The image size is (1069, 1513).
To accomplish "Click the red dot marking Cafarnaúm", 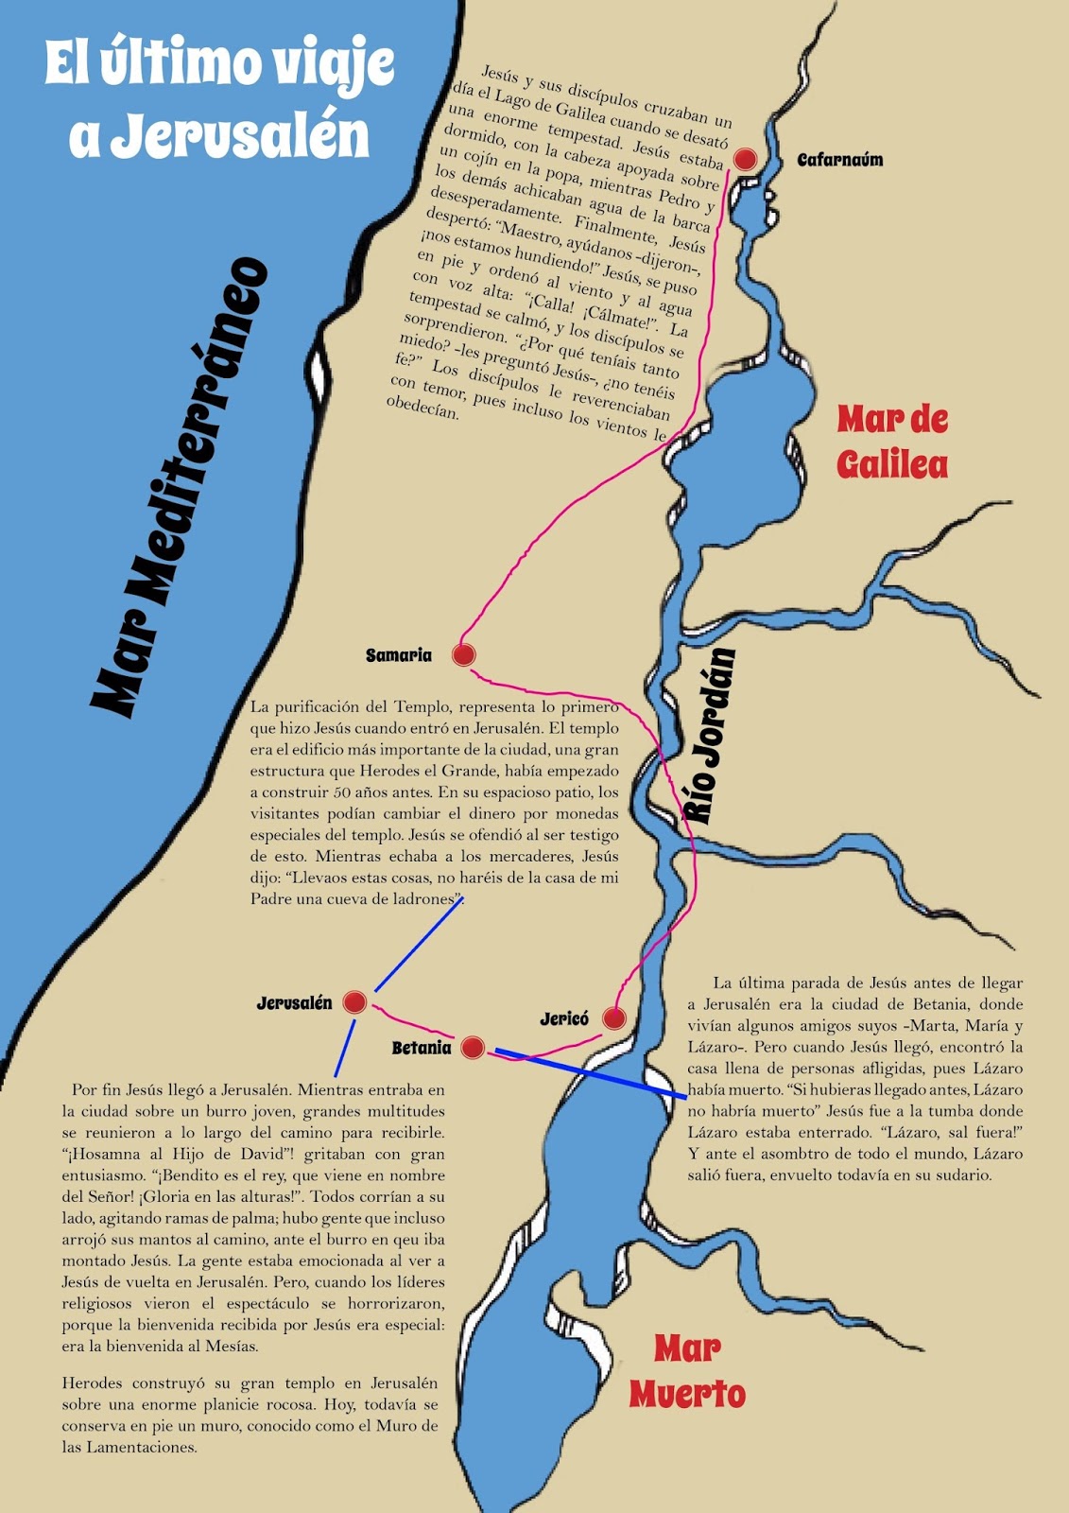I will coord(745,159).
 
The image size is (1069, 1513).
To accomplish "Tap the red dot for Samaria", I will coord(463,654).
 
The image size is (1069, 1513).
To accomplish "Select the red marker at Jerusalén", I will coord(354,1002).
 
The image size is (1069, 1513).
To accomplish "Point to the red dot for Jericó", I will coord(614,1018).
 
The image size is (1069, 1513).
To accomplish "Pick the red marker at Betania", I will coord(473,1047).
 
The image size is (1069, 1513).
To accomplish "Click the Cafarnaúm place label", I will coord(839,160).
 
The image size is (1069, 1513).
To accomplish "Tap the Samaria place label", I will coord(398,655).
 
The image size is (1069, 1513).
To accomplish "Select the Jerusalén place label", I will coord(294,1003).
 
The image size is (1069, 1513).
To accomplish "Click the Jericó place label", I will coord(564,1019).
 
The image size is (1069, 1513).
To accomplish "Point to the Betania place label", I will coord(422,1048).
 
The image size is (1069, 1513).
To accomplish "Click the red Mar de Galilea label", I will coord(892,442).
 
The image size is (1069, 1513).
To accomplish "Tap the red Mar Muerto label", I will coord(687,1371).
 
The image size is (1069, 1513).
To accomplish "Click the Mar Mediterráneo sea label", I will coord(180,487).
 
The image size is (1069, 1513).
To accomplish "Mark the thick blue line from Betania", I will coord(591,1072).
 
